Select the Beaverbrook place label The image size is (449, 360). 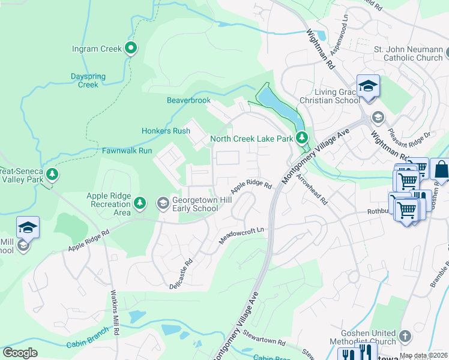pyautogui.click(x=188, y=100)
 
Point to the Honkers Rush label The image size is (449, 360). pyautogui.click(x=166, y=131)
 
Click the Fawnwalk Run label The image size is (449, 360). pyautogui.click(x=127, y=151)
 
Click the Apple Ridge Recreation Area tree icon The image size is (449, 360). pyautogui.click(x=140, y=204)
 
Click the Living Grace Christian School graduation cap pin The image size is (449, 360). pyautogui.click(x=368, y=86)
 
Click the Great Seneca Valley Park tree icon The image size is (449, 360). pyautogui.click(x=53, y=175)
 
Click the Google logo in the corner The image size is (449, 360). pyautogui.click(x=20, y=353)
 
